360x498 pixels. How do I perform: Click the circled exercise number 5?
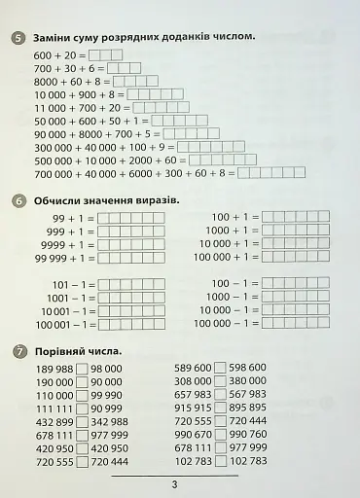[19, 37]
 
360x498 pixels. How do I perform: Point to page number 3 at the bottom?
[174, 485]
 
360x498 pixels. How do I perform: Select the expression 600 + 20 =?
[59, 55]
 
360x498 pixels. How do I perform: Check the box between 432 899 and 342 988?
[82, 421]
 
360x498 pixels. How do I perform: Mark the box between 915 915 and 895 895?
[220, 408]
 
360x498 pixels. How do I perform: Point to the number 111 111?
[53, 409]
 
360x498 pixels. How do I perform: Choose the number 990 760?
[248, 434]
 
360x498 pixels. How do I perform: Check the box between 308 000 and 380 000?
[220, 381]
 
